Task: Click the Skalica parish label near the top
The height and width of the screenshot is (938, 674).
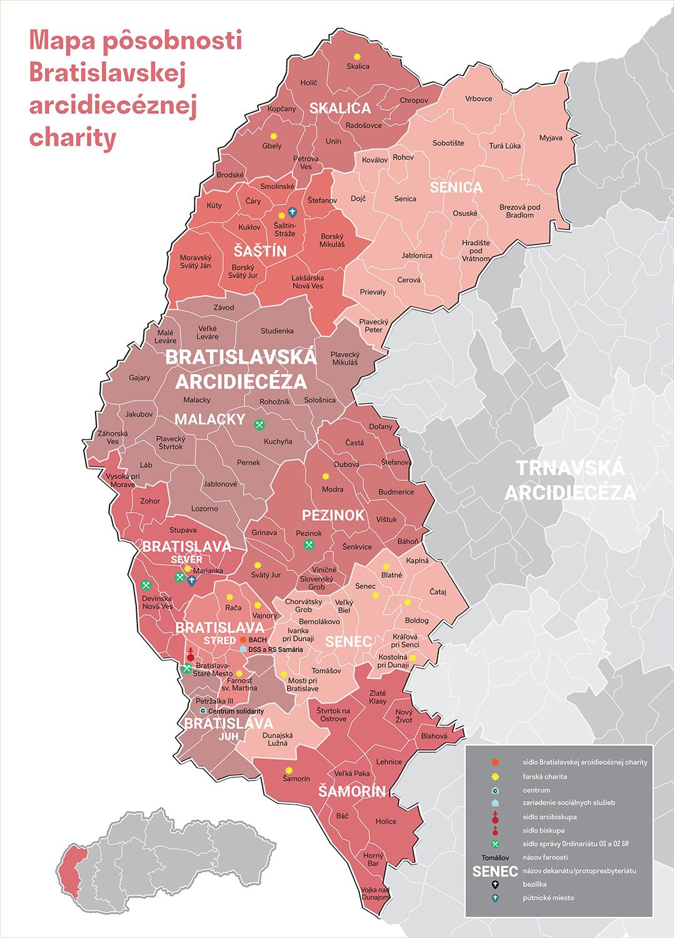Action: click(358, 66)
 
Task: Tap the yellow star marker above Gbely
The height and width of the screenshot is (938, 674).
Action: click(273, 136)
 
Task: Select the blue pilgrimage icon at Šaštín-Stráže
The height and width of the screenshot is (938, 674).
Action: click(292, 213)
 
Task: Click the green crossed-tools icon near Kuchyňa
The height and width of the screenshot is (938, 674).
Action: click(260, 425)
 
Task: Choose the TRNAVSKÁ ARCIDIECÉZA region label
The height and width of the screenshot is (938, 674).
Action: click(570, 480)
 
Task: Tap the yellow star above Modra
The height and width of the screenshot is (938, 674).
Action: click(325, 476)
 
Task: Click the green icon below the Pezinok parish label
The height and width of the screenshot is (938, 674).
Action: click(308, 545)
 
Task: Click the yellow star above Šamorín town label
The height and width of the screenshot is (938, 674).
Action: click(289, 770)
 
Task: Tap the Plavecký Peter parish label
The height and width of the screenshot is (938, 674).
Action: click(374, 325)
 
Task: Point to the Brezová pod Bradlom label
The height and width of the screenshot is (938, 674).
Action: click(516, 211)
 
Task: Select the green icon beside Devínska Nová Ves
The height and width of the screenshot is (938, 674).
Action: click(146, 585)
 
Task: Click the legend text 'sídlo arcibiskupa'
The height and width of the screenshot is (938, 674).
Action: click(549, 817)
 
